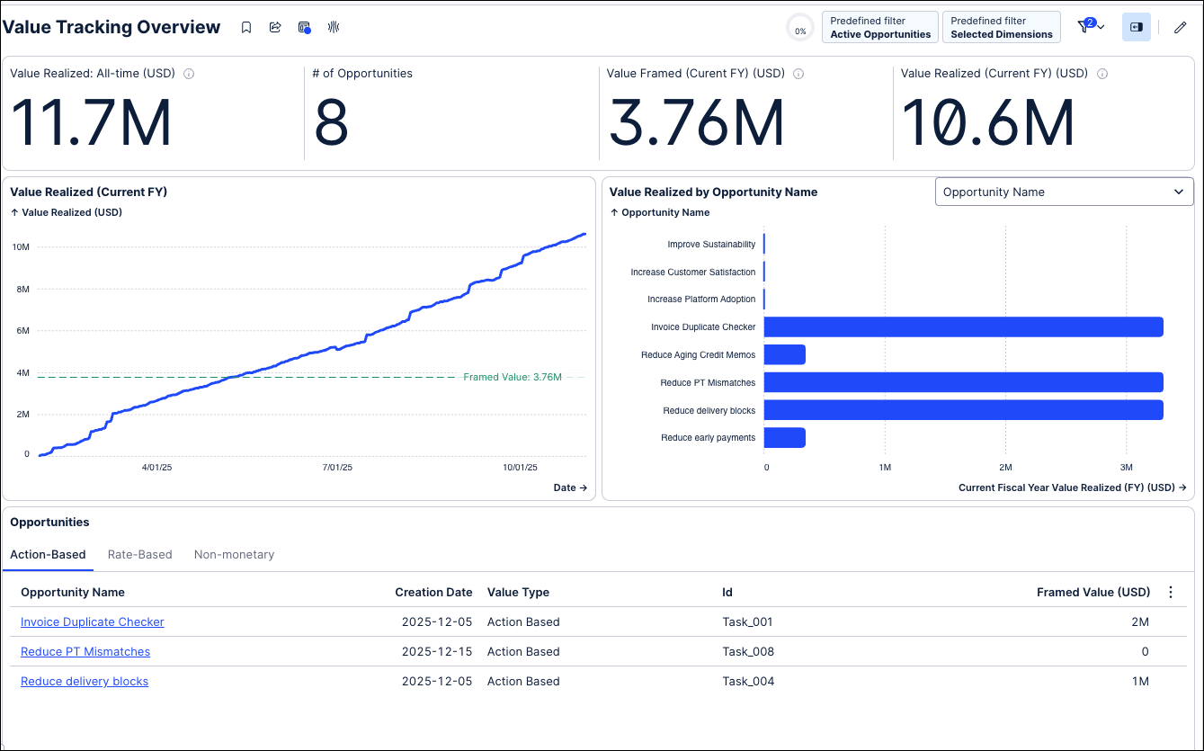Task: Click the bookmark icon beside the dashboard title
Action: (246, 27)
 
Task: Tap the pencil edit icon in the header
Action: (1180, 27)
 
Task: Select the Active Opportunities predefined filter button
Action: (880, 27)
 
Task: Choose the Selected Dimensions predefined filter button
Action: (1002, 27)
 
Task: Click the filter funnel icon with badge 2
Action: (1085, 26)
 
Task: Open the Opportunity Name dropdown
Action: (1064, 192)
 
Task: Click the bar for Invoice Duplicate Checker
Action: (963, 326)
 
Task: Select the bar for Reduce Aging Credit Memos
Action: (784, 354)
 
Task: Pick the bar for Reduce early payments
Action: (784, 438)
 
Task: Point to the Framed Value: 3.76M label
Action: (513, 378)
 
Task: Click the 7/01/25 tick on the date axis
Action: (337, 468)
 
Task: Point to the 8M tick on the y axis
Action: (23, 290)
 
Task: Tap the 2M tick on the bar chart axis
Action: (1005, 468)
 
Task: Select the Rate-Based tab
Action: (139, 554)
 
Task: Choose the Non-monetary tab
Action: (234, 554)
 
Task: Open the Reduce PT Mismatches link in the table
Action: (85, 651)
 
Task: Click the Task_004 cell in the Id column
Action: (748, 682)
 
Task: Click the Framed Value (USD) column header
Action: (1093, 593)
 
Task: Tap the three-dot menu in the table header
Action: (1171, 593)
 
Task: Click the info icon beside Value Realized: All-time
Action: (189, 74)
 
